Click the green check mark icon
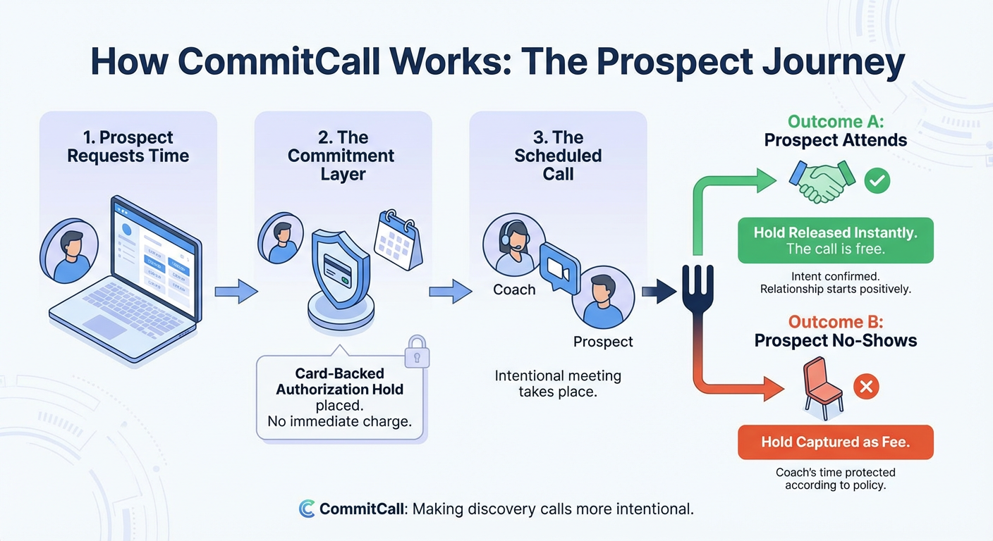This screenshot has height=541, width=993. [877, 181]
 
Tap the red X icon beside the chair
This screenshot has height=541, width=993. [867, 386]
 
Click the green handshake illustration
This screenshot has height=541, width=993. [822, 182]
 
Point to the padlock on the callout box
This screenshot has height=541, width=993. [417, 352]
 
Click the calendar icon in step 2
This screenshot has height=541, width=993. [399, 239]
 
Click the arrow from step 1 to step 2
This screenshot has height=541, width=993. [236, 291]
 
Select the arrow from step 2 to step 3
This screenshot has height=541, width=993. [451, 291]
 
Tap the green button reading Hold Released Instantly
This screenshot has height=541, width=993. [835, 240]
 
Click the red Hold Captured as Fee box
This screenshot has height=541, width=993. [835, 442]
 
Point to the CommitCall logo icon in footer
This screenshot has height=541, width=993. [307, 509]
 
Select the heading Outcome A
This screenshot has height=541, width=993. [835, 121]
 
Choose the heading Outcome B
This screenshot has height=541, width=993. [835, 323]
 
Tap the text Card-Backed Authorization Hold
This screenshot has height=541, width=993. [339, 381]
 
